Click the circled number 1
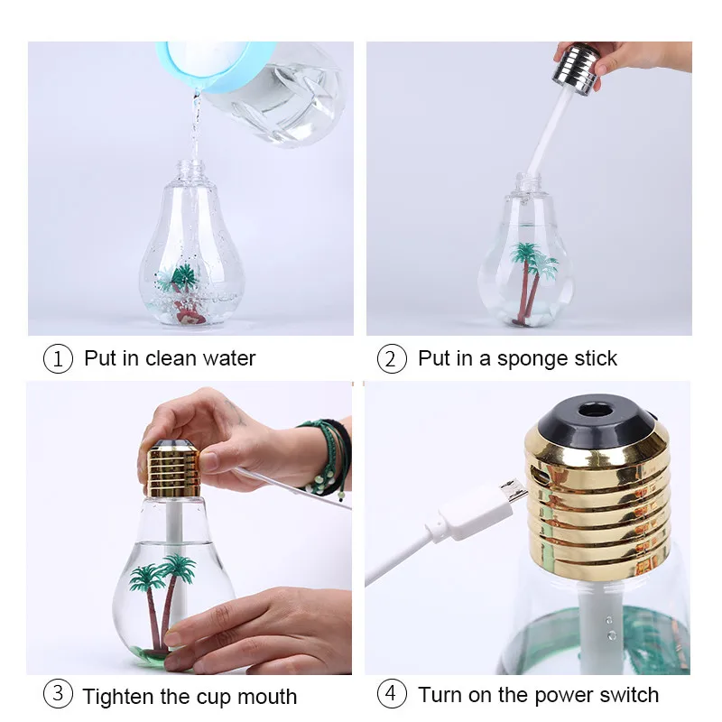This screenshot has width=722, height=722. click(58, 358)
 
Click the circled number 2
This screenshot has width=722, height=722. click(391, 358)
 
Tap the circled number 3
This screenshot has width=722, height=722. click(58, 694)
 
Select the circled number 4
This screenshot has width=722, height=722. click(391, 694)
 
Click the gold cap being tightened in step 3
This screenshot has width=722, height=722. click(173, 469)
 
